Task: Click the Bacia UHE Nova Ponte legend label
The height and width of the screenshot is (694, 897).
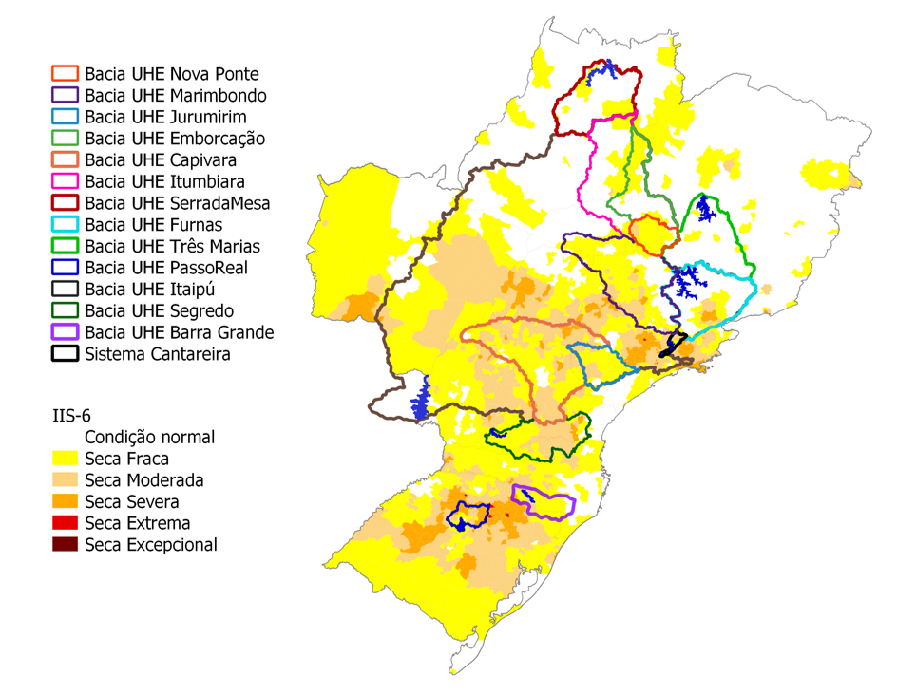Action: pyautogui.click(x=171, y=74)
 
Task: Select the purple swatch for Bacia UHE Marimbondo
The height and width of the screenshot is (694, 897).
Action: pyautogui.click(x=65, y=95)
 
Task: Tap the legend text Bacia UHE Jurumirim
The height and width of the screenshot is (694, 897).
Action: pyautogui.click(x=165, y=117)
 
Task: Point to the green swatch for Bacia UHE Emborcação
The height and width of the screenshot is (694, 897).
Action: pyautogui.click(x=65, y=139)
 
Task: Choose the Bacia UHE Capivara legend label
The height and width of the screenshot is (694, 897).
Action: pyautogui.click(x=161, y=159)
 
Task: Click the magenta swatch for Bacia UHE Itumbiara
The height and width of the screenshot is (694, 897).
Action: pyautogui.click(x=65, y=181)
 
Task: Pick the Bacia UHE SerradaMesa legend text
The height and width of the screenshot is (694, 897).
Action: pyautogui.click(x=177, y=203)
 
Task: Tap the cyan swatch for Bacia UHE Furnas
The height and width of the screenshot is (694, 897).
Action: pyautogui.click(x=65, y=225)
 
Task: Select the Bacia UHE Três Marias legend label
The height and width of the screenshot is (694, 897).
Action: pyautogui.click(x=172, y=246)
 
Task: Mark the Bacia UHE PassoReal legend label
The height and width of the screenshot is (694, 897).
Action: pyautogui.click(x=166, y=268)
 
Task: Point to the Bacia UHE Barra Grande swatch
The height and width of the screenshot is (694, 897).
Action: pyautogui.click(x=65, y=332)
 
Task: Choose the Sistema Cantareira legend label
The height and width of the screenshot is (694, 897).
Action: pyautogui.click(x=158, y=354)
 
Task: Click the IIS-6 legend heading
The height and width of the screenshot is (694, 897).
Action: pyautogui.click(x=73, y=416)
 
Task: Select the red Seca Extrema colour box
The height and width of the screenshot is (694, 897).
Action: pyautogui.click(x=65, y=523)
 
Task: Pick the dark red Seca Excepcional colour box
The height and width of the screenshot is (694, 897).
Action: pyautogui.click(x=65, y=545)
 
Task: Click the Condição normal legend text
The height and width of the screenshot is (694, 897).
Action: pyautogui.click(x=149, y=438)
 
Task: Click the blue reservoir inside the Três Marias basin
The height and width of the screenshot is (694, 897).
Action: pyautogui.click(x=705, y=208)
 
